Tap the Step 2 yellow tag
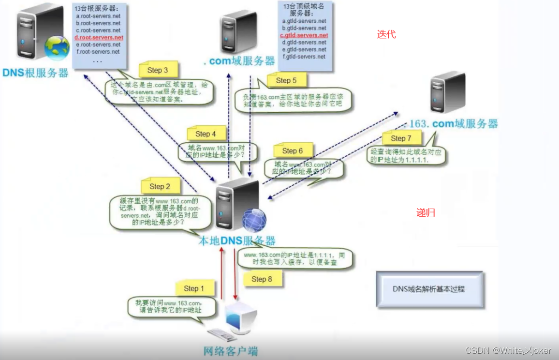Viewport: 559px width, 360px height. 160,186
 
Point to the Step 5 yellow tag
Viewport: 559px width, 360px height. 286,80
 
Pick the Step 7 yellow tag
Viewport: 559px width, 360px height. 401,138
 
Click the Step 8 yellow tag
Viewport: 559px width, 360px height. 262,279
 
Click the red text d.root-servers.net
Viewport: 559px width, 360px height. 99,37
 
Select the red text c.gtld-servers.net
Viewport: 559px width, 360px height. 304,35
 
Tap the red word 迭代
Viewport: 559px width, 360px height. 386,34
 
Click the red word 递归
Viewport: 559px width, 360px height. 426,212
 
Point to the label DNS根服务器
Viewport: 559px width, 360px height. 35,73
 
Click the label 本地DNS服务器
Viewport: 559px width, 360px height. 237,240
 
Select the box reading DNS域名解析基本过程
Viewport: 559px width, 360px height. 429,289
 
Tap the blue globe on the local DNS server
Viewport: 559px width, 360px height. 254,220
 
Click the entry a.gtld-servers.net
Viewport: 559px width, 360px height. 304,21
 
